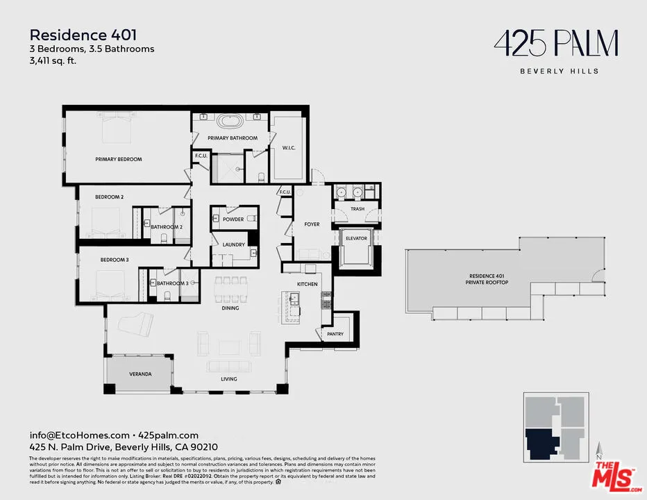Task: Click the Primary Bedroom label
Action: point(119,160)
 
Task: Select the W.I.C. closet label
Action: point(289,147)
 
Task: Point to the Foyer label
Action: point(312,224)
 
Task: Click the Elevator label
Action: point(356,239)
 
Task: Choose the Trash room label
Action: point(358,209)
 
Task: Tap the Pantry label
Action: point(335,335)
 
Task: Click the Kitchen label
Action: point(308,284)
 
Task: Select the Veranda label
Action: point(140,374)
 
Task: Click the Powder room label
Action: point(233,219)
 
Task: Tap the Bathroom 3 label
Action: point(172,283)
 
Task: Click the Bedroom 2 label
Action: point(109,197)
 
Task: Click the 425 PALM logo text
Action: point(555,44)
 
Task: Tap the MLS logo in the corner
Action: point(614,476)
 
